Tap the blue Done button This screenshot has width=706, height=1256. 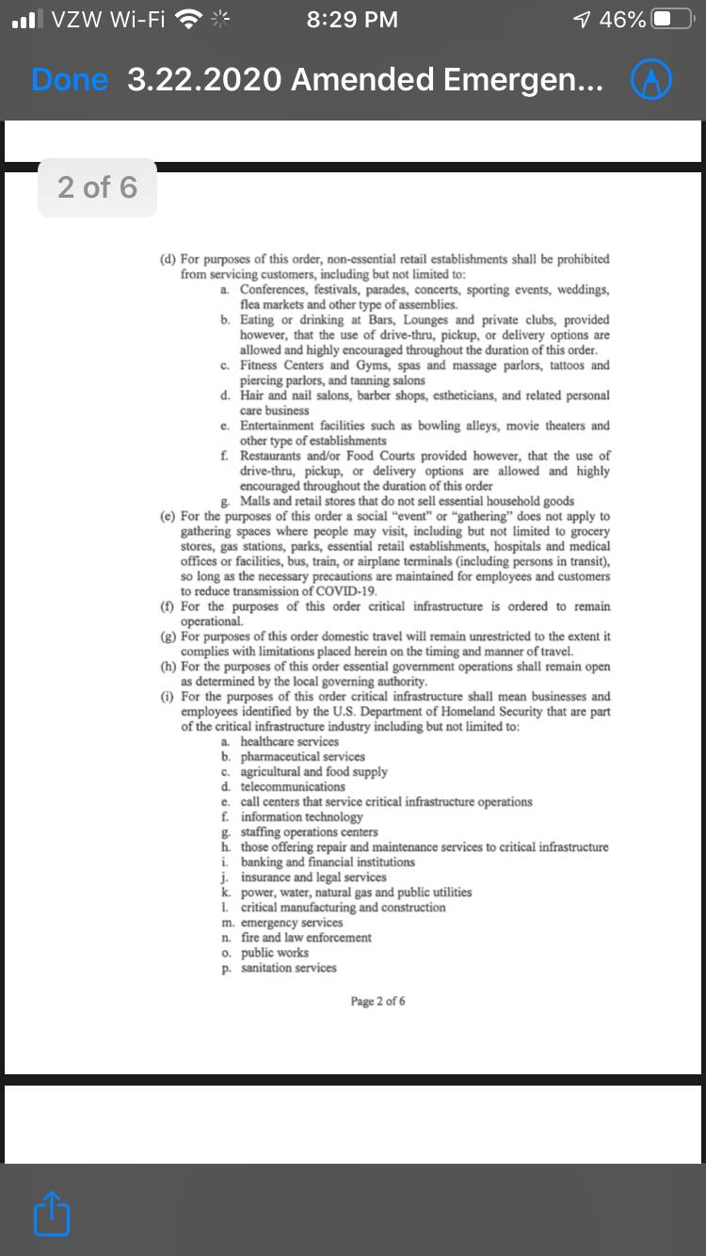click(x=69, y=81)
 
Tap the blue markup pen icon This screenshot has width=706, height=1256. click(x=650, y=81)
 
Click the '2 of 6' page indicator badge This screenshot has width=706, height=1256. click(x=97, y=187)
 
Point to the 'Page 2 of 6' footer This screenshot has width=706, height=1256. click(x=377, y=1001)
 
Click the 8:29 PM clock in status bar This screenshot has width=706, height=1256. click(x=352, y=19)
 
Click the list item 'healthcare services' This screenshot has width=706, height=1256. click(x=289, y=742)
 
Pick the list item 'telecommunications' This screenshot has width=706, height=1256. click(x=293, y=787)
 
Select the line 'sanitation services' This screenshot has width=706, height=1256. click(x=288, y=968)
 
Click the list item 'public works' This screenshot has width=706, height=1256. click(x=274, y=953)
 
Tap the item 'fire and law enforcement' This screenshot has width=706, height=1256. click(x=306, y=938)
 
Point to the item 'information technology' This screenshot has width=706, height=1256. click(x=301, y=817)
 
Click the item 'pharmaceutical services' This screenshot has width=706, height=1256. click(x=302, y=757)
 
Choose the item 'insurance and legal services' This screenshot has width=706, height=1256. click(x=313, y=878)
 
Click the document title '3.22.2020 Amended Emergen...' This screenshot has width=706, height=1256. click(x=365, y=81)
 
